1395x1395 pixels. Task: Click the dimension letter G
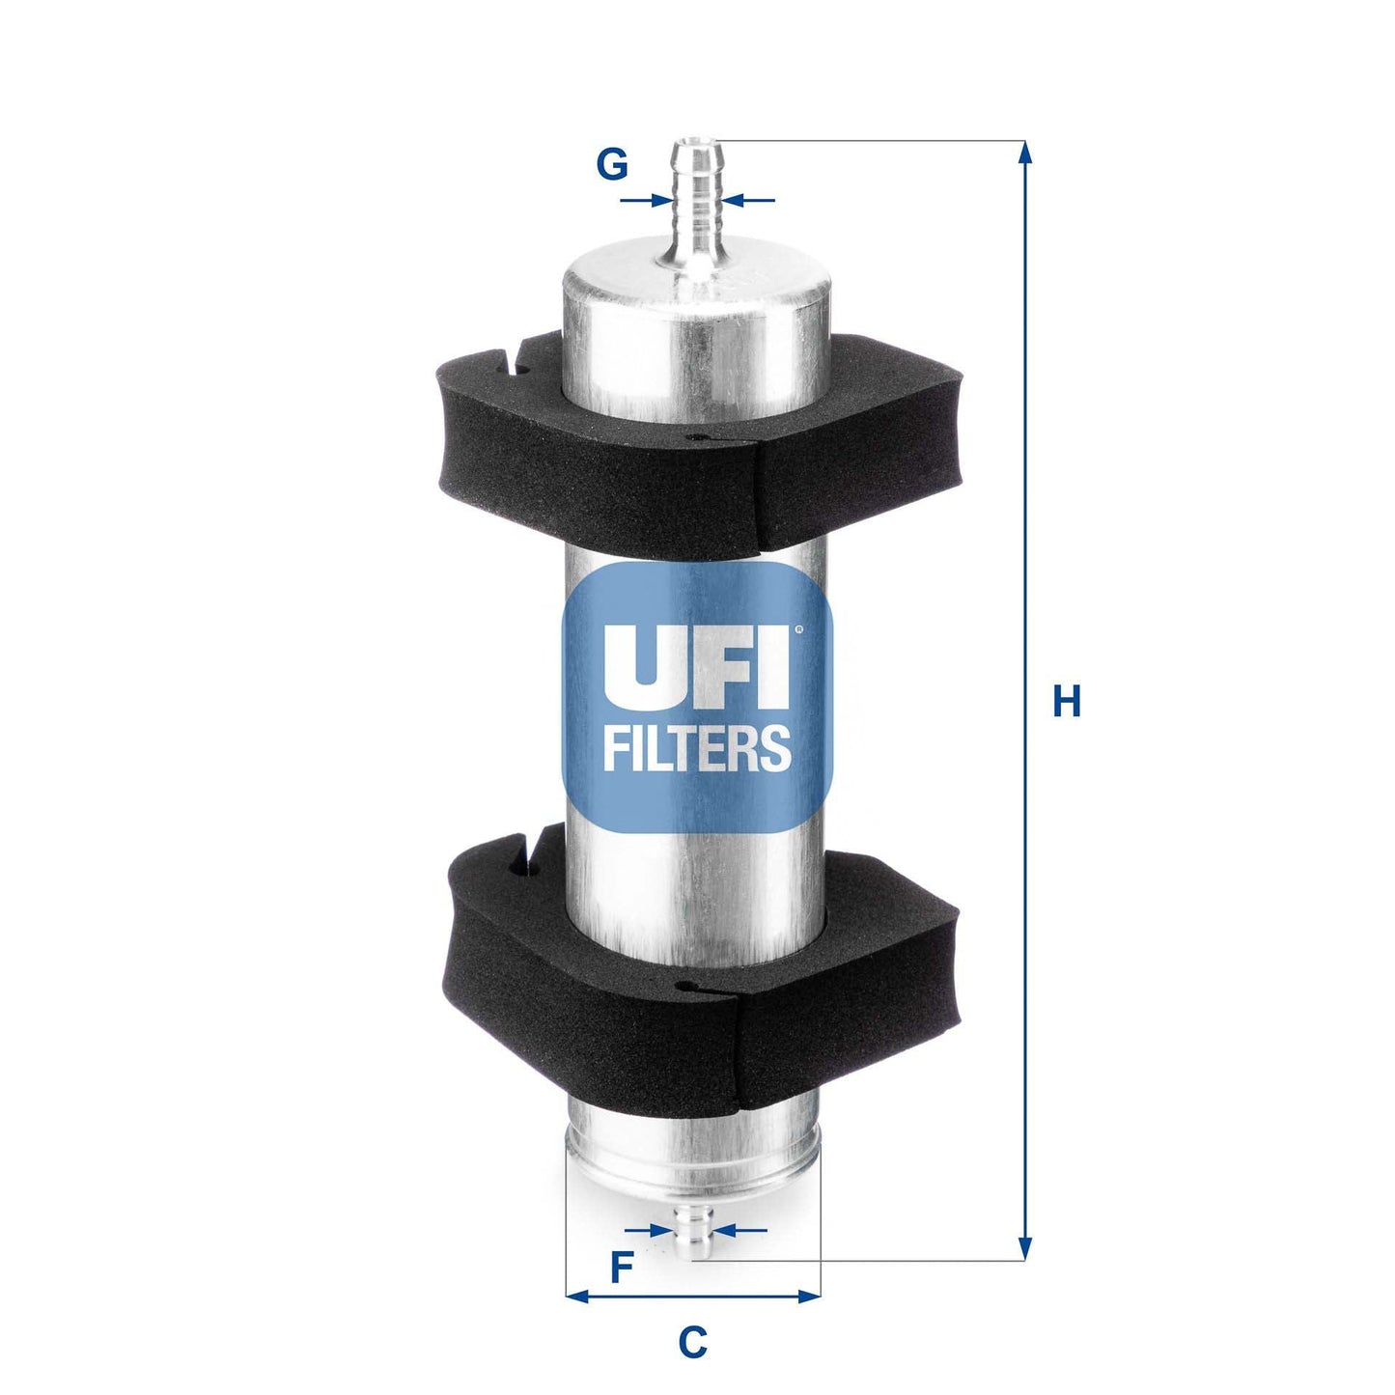[612, 165]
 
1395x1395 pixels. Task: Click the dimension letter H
[1066, 701]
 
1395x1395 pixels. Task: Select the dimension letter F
[622, 1267]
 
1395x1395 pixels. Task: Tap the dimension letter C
[692, 1342]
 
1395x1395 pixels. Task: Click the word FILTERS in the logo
[697, 748]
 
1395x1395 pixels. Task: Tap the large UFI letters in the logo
[695, 667]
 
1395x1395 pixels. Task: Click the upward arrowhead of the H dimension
[1025, 153]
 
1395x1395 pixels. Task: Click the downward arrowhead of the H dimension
[1025, 1248]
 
